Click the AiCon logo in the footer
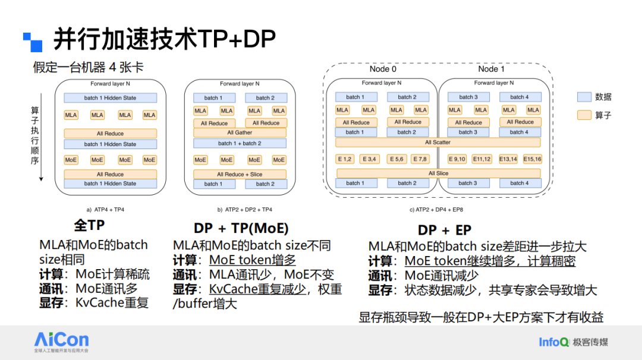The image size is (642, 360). click(x=61, y=340)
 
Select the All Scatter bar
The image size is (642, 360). click(x=438, y=143)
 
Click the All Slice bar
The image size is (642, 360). click(x=438, y=173)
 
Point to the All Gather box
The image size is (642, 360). click(x=240, y=133)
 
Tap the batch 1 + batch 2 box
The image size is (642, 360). click(x=240, y=144)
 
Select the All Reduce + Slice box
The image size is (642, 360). click(x=240, y=175)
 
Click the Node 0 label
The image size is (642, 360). click(x=383, y=69)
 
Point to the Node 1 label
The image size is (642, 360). click(x=491, y=69)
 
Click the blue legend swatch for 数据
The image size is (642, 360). click(x=584, y=97)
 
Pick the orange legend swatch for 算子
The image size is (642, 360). click(x=584, y=115)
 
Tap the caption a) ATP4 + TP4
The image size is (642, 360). click(x=105, y=210)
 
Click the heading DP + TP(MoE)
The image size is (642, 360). click(x=241, y=229)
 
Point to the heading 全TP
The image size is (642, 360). click(x=89, y=226)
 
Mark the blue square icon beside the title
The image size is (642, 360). click(x=33, y=42)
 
